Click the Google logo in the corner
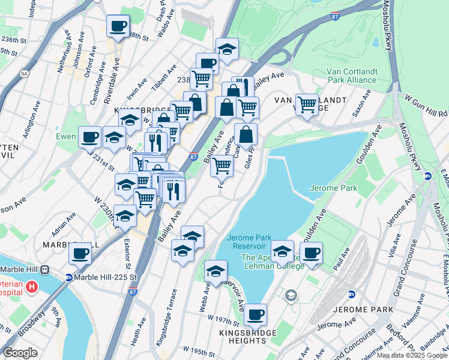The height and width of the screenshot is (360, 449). point(20,353)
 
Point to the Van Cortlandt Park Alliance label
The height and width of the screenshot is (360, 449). point(352,75)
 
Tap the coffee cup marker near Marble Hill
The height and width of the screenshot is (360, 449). point(80,252)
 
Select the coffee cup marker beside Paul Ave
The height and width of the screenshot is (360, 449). point(311,252)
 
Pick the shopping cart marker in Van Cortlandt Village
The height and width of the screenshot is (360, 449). point(307,104)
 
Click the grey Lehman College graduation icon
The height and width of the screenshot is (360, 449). point(291,295)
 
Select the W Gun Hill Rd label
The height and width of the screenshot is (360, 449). point(426,104)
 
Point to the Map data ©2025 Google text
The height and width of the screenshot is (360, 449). point(412,355)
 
